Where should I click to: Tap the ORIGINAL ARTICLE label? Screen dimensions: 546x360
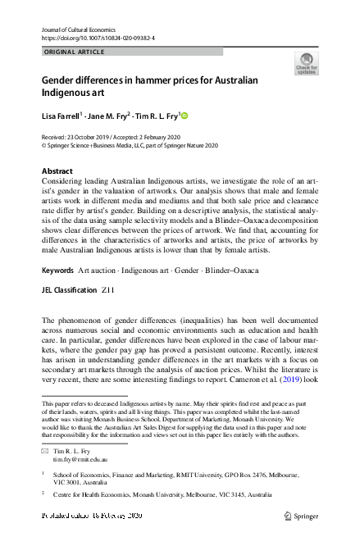pos(73,52)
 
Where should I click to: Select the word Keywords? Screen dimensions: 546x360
pos(57,270)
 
